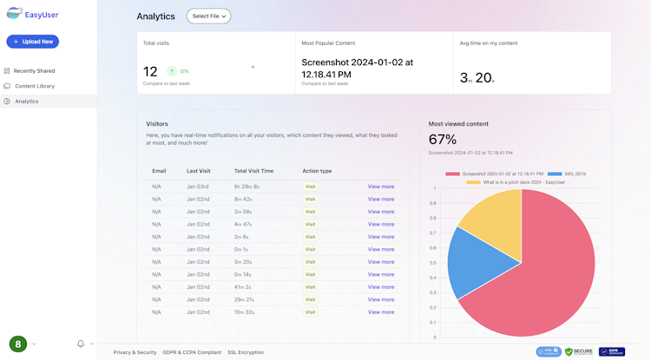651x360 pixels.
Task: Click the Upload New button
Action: [x=33, y=42]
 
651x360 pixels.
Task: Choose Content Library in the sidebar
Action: [x=34, y=86]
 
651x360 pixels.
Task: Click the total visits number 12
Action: [x=150, y=72]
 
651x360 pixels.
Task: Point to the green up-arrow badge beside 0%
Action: [x=172, y=71]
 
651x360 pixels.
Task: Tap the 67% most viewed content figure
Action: [x=443, y=139]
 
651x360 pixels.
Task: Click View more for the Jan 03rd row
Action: [x=380, y=187]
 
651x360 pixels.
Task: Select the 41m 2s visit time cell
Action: [x=244, y=286]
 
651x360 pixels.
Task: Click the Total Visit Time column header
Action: [x=253, y=171]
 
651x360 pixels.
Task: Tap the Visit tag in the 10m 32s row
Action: [x=311, y=311]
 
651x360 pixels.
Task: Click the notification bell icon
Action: [x=81, y=344]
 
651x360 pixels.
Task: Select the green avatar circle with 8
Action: [x=18, y=344]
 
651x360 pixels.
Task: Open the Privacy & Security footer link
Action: [x=135, y=352]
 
